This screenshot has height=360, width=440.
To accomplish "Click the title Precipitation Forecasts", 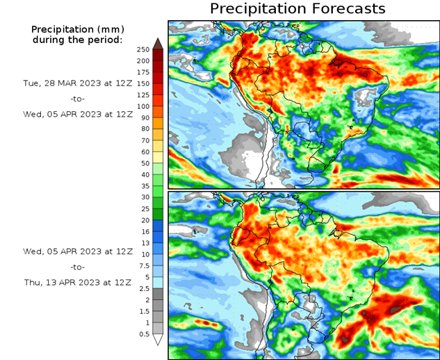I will (x=297, y=9).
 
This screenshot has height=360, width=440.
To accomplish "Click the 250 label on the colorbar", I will (x=143, y=49).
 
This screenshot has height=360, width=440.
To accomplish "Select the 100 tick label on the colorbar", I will (x=143, y=106).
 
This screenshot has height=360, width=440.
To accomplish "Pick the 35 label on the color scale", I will (x=143, y=186).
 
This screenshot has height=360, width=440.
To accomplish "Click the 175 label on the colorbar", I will (x=143, y=72).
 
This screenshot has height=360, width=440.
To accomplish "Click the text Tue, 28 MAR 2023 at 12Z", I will (x=77, y=83).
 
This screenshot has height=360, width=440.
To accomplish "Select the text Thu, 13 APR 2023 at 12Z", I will (x=77, y=282).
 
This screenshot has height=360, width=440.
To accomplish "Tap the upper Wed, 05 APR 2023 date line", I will (x=77, y=114).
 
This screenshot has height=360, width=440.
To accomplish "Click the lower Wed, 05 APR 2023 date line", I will (x=77, y=251).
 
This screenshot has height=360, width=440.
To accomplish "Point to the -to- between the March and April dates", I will (x=77, y=99).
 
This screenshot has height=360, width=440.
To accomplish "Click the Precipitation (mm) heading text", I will (x=77, y=29).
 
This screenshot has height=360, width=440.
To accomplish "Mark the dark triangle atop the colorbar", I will (x=158, y=43).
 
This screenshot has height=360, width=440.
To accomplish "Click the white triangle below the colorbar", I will (x=158, y=340).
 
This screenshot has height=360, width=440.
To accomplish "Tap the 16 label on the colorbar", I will (x=143, y=231).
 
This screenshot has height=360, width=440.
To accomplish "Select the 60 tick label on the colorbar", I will (x=143, y=152).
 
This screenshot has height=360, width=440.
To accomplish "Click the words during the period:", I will (x=77, y=40).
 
